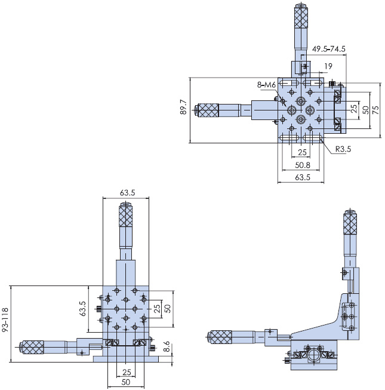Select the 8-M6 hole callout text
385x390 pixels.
click(x=266, y=85)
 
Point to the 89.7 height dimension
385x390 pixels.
click(x=183, y=108)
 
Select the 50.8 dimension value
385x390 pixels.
click(x=302, y=165)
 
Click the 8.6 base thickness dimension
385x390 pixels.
click(x=167, y=346)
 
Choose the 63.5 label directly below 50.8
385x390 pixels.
click(x=302, y=177)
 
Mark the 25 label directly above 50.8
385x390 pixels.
click(x=302, y=153)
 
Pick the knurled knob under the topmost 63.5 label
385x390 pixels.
click(x=125, y=216)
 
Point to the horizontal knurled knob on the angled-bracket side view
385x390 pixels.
click(x=220, y=337)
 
